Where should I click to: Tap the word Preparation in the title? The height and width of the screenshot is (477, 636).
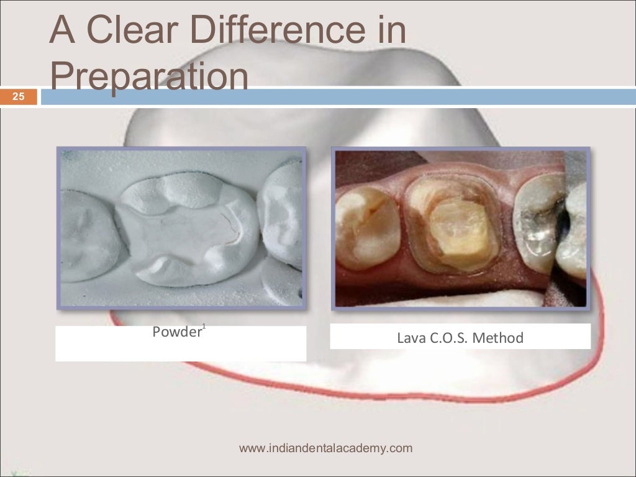coord(149,78)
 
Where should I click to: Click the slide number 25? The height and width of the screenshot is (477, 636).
coord(18,97)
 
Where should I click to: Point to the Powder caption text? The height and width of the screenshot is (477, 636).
coord(176,332)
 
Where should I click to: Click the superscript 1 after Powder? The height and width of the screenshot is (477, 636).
coord(204,327)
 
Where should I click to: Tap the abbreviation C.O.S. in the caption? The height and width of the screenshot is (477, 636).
coord(448,338)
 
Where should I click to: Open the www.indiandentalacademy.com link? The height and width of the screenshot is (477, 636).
coord(325,448)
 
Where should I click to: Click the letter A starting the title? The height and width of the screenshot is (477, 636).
coord(62,30)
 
